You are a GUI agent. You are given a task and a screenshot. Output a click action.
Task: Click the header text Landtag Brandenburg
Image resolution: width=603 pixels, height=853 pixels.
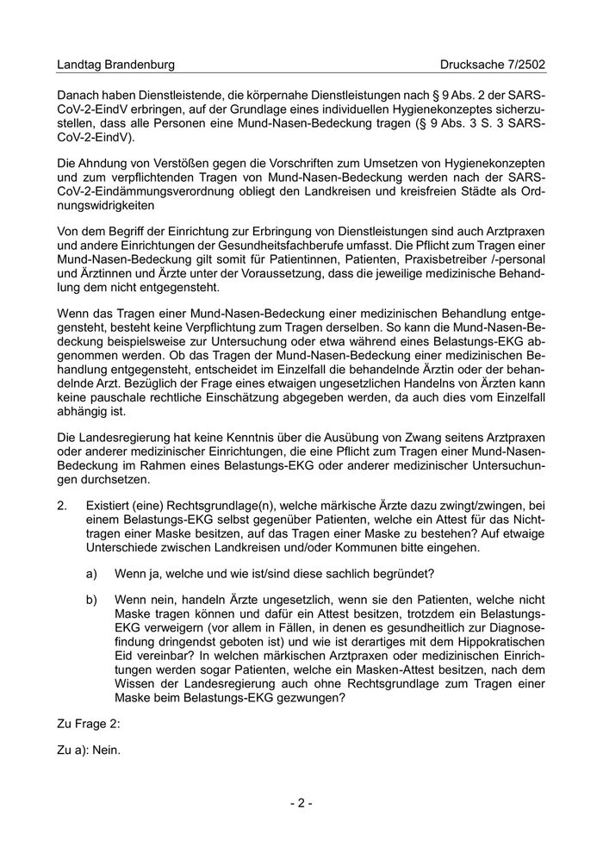(115, 65)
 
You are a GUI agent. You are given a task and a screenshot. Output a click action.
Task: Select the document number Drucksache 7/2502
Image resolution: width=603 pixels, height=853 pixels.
(492, 65)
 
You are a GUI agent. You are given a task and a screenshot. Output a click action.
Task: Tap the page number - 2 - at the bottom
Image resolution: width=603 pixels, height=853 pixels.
(301, 803)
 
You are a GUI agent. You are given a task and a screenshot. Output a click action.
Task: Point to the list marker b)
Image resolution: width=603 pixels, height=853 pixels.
(91, 598)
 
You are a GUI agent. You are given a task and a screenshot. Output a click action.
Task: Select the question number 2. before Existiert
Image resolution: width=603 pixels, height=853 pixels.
(62, 505)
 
